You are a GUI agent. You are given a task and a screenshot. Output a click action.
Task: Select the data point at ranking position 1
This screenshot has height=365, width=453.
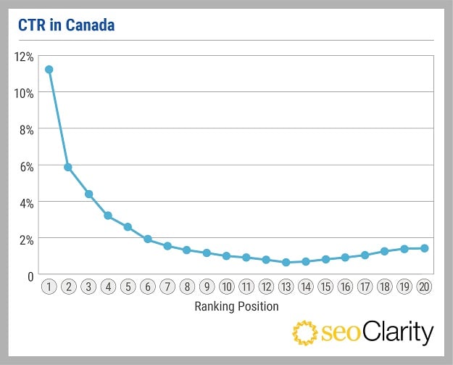(49, 70)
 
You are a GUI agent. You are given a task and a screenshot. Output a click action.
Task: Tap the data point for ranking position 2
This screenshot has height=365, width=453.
(68, 167)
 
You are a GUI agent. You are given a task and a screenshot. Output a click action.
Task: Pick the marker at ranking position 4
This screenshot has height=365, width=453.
(108, 216)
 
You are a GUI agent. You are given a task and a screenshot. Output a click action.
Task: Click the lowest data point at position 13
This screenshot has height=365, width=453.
(286, 262)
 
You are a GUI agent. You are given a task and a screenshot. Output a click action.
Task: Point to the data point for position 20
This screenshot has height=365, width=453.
(425, 248)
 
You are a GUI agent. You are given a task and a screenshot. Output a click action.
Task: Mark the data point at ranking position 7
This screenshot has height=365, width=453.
(167, 246)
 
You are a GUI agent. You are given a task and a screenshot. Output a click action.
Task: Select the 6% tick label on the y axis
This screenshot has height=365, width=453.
(26, 166)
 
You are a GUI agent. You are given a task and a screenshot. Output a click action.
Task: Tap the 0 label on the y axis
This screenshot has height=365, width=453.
(31, 276)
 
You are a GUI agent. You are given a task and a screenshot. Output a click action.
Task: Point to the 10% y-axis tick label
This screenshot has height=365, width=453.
(24, 93)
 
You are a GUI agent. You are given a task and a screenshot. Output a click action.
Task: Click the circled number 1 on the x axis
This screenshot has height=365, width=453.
(49, 287)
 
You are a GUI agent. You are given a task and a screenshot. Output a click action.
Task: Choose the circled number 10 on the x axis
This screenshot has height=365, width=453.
(227, 287)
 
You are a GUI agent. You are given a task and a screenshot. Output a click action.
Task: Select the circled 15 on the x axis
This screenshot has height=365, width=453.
(325, 287)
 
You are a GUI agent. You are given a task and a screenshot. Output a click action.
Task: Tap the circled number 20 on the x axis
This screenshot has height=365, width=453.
(425, 287)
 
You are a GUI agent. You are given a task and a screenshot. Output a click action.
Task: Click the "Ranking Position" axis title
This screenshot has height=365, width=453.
(236, 306)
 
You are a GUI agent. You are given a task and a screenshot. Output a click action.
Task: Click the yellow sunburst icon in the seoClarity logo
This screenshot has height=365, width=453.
(305, 333)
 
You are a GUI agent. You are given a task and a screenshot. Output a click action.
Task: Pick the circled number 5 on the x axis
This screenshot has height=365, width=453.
(128, 287)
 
